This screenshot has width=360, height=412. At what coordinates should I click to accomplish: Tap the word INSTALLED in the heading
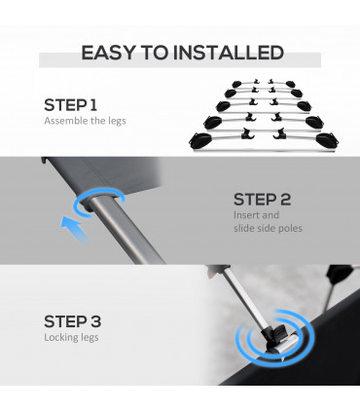click(x=229, y=53)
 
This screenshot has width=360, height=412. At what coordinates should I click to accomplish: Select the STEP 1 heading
click(x=70, y=105)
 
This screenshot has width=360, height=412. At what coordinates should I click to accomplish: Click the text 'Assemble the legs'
click(x=85, y=121)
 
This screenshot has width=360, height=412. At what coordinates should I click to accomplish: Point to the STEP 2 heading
click(x=262, y=200)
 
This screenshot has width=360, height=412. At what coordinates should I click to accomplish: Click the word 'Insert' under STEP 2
click(x=246, y=215)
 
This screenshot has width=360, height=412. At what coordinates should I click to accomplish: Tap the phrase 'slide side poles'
click(x=268, y=228)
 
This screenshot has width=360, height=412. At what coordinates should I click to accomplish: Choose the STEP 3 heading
click(x=73, y=321)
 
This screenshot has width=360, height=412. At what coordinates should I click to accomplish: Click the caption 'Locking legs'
click(x=71, y=338)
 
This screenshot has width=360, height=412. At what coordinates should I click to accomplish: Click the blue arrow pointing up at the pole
click(x=74, y=228)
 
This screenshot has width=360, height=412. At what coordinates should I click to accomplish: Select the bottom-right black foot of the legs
click(x=327, y=140)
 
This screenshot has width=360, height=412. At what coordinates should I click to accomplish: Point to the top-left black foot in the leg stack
click(x=236, y=85)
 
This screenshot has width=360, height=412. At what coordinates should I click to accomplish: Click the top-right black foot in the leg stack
click(x=291, y=84)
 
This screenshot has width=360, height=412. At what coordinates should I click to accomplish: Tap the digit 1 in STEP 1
click(x=93, y=105)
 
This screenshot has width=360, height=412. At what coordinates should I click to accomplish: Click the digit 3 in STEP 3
click(x=94, y=321)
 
